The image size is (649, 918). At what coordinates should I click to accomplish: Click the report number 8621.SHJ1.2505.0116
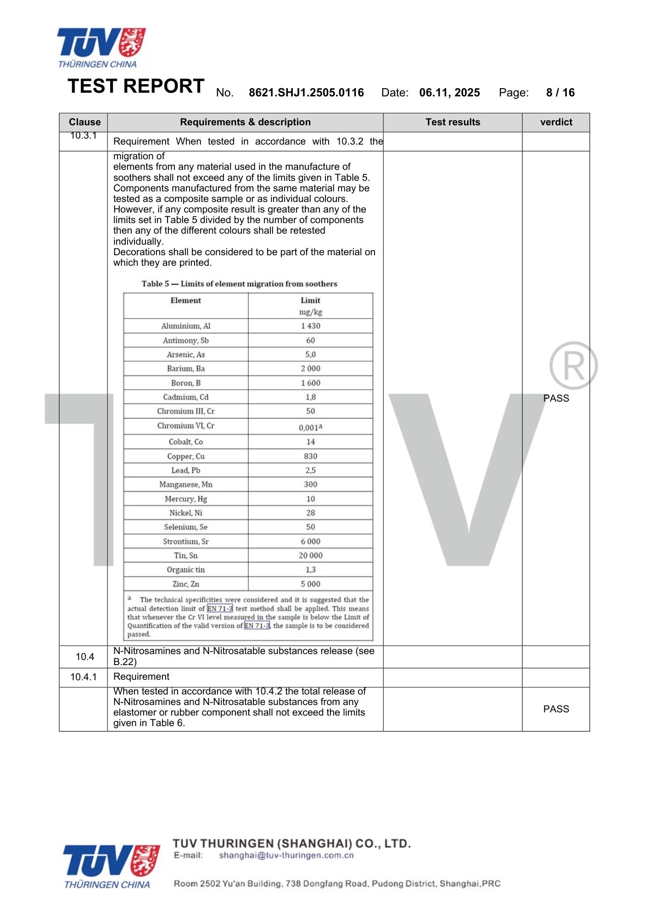(306, 93)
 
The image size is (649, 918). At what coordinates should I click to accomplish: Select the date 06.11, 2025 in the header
(449, 93)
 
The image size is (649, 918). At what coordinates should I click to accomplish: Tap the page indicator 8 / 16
(560, 93)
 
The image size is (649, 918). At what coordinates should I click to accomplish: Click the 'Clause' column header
(84, 122)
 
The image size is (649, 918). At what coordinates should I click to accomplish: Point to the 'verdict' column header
(556, 122)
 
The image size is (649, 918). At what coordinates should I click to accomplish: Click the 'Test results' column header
(453, 122)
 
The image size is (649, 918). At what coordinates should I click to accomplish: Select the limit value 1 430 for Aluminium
(311, 326)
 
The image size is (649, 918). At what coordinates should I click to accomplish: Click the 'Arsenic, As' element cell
(186, 354)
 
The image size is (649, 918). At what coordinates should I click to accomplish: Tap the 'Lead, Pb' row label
(186, 470)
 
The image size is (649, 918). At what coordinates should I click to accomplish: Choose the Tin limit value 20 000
(311, 555)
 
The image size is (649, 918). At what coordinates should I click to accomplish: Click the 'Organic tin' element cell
(186, 570)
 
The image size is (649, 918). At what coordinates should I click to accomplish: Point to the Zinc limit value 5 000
(311, 584)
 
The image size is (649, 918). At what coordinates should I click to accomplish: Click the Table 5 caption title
(239, 284)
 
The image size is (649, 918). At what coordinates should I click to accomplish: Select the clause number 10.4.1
(84, 677)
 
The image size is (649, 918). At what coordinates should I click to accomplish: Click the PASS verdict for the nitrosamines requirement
(556, 709)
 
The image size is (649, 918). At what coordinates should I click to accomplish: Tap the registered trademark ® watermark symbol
(573, 366)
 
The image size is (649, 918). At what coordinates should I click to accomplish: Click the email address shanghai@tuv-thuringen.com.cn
(286, 856)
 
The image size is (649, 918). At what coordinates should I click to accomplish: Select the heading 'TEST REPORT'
(136, 86)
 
